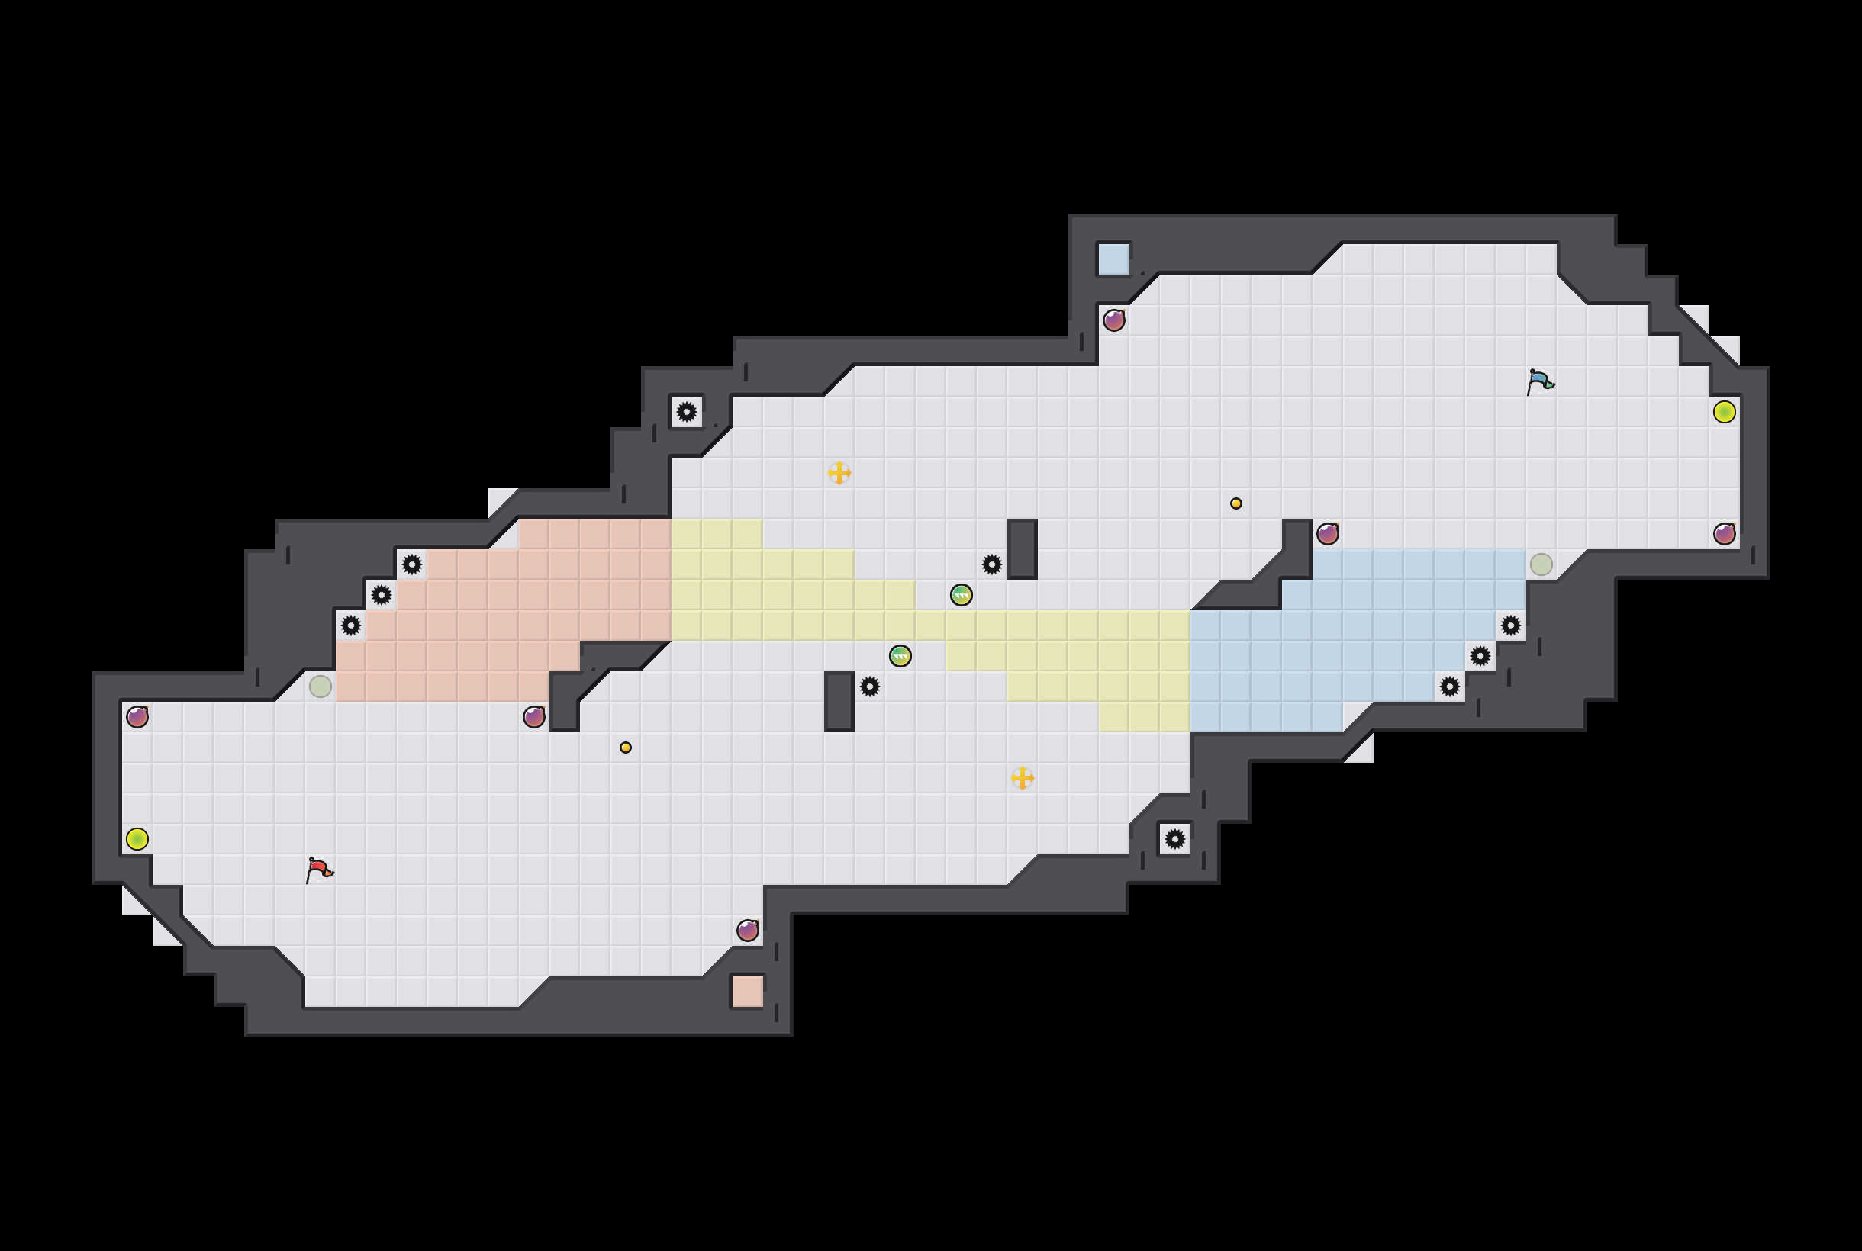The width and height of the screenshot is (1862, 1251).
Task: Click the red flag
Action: (x=318, y=869)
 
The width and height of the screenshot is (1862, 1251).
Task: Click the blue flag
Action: (x=1539, y=381)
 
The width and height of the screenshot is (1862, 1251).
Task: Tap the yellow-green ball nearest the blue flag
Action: (x=1724, y=412)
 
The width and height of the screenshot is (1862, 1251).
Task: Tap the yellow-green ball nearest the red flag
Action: (x=137, y=838)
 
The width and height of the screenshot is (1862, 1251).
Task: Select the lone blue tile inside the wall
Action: (x=1113, y=259)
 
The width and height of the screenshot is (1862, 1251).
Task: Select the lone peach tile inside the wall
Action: (x=747, y=991)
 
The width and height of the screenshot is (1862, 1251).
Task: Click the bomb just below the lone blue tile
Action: (x=1113, y=320)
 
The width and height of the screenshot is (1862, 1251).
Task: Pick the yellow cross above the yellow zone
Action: (x=839, y=472)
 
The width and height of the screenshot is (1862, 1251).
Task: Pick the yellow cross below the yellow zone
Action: (x=1022, y=778)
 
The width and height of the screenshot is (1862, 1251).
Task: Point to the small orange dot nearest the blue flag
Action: (x=1235, y=503)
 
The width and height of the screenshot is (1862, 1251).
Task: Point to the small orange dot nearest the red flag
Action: (x=626, y=748)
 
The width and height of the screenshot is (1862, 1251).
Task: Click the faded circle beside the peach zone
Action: (x=320, y=686)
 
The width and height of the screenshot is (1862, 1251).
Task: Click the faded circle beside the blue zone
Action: (x=1541, y=564)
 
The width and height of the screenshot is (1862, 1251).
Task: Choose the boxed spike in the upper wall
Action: (x=686, y=412)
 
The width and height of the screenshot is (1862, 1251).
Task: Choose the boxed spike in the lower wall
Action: (x=1174, y=838)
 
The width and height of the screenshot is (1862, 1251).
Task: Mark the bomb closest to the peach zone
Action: (x=534, y=716)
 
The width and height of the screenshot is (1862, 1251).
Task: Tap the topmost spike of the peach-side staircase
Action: (x=412, y=564)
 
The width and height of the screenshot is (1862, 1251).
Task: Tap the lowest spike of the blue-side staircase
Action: (x=1449, y=686)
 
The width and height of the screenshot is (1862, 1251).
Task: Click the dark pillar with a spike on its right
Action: (x=839, y=700)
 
